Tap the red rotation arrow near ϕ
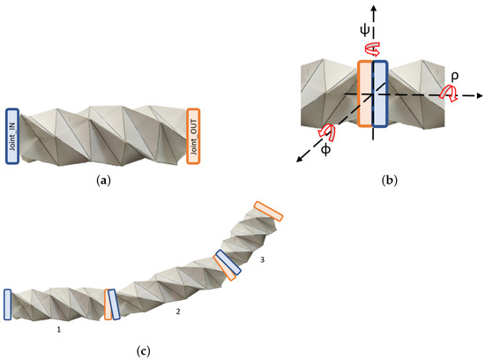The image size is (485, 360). (331, 132)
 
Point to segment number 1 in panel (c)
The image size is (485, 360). (59, 329)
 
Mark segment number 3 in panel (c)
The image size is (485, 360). (262, 259)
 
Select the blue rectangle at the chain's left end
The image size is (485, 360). (7, 303)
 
